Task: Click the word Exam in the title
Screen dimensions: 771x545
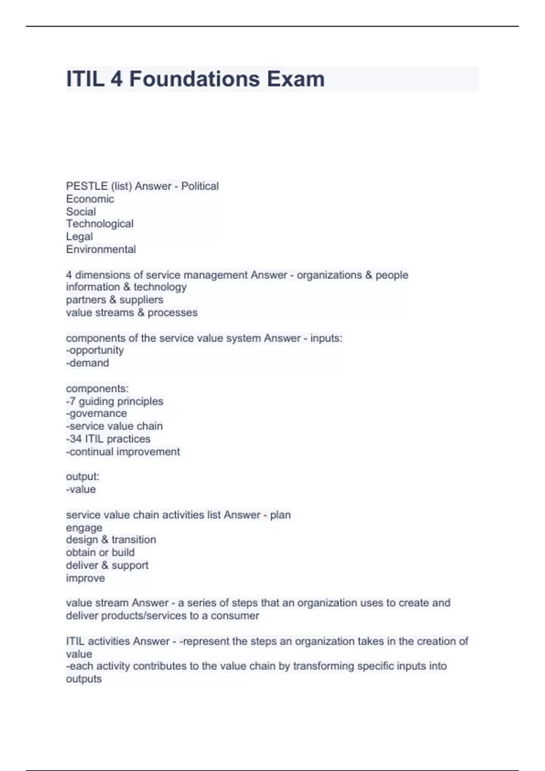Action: point(296,79)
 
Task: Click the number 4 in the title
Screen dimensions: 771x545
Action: point(116,79)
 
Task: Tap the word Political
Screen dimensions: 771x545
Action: point(200,186)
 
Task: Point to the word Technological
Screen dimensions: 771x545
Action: point(100,224)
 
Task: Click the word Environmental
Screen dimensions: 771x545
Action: point(101,249)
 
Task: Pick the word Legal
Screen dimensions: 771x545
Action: point(79,236)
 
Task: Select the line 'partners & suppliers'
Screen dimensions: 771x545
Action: point(114,299)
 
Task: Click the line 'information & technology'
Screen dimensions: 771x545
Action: point(126,287)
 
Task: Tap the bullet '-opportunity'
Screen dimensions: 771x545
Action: point(95,350)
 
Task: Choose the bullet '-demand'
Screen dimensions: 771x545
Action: point(88,363)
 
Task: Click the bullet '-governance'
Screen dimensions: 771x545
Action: point(96,413)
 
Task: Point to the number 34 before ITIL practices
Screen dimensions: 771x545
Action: point(76,439)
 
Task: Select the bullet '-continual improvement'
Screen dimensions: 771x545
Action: point(123,451)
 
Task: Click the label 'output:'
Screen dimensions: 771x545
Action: point(83,476)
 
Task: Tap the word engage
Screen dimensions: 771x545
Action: point(84,527)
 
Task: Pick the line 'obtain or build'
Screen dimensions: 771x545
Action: point(100,552)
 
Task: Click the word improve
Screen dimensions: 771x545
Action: point(85,578)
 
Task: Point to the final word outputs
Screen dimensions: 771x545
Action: point(84,679)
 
